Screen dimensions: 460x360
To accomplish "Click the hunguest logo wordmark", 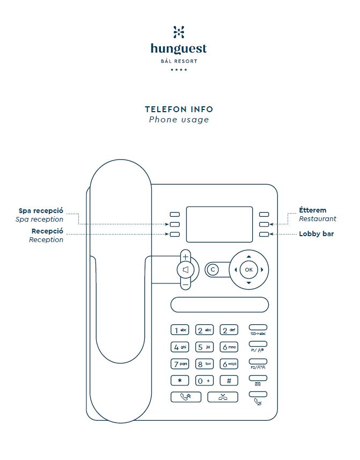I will [179, 49].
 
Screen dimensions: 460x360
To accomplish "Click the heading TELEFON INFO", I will [179, 109].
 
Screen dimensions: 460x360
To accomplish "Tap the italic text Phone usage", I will [179, 120].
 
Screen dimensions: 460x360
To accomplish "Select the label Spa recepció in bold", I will [41, 211].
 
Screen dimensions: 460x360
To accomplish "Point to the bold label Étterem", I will [312, 210].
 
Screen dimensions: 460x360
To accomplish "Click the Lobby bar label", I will [316, 234].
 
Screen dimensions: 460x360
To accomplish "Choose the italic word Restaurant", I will [318, 219].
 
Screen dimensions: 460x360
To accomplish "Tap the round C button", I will [212, 269].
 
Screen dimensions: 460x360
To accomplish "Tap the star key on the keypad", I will [179, 381].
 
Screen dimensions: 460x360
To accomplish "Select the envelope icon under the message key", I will [258, 384].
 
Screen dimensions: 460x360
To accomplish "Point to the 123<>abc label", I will [258, 333].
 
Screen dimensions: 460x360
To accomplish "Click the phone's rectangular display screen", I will [219, 224].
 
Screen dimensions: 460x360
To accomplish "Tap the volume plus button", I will [186, 257].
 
